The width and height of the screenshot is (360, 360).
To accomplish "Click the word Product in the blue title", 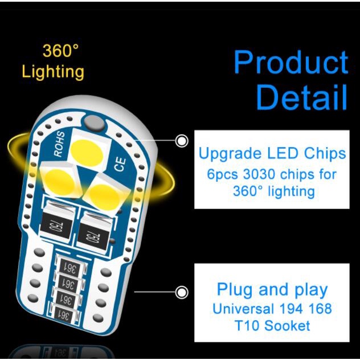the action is coord(291,63).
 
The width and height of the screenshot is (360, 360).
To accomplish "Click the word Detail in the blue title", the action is coord(301,97).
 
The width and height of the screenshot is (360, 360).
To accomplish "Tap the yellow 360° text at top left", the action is coord(60,51).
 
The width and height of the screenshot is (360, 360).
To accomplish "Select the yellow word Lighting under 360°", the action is coord(53,72).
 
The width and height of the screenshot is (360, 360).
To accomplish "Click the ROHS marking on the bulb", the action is coord(59,144).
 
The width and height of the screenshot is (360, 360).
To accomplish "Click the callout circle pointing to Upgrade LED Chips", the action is coord(182,141).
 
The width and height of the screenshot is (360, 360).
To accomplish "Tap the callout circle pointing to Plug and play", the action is coord(182,293).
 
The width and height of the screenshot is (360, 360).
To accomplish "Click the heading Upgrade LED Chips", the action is coord(272,154).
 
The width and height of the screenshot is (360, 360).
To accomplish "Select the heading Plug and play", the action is coord(272,289).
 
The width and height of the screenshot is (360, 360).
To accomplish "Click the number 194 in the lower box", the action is coord(292,309).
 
